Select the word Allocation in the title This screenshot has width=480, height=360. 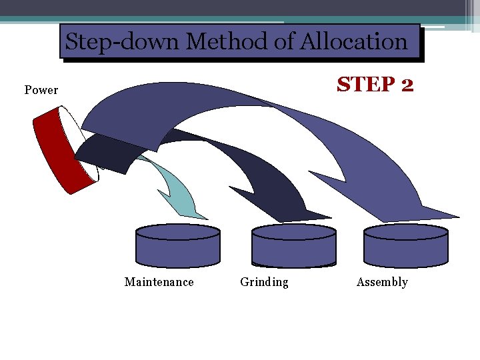353,42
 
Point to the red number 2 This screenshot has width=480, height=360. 407,85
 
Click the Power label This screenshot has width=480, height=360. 41,90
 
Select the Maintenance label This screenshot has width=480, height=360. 159,282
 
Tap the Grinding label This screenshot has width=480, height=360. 264,282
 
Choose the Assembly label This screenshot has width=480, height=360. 382,282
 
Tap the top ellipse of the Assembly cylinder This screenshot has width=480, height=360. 406,232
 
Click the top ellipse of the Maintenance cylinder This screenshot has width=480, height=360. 178,232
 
